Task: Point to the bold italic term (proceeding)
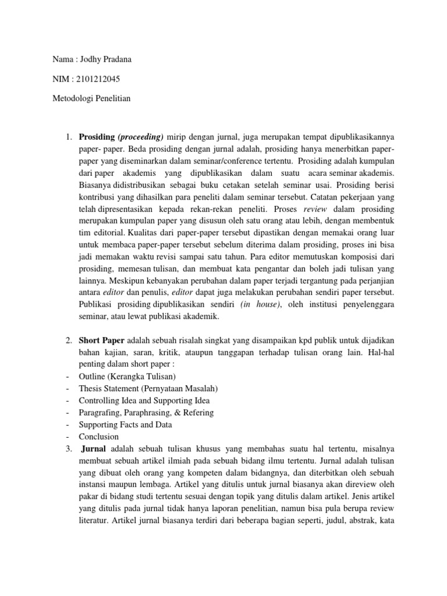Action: pyautogui.click(x=141, y=137)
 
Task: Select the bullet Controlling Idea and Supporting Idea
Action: pyautogui.click(x=144, y=400)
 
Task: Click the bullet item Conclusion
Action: pyautogui.click(x=98, y=437)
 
